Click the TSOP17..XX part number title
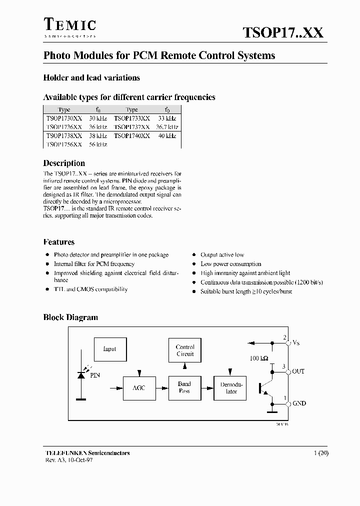click(283, 33)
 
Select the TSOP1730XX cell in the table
click(64, 118)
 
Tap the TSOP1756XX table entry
click(64, 144)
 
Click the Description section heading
click(64, 163)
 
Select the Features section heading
click(59, 242)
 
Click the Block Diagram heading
click(70, 317)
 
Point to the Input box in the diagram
click(109, 349)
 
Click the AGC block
click(139, 388)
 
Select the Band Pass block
click(184, 387)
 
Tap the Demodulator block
click(231, 388)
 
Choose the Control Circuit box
click(185, 350)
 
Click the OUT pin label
click(298, 371)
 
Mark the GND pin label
click(299, 403)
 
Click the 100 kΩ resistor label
click(259, 359)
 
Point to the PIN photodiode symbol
click(80, 375)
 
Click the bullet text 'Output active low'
click(222, 255)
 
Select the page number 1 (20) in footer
click(320, 453)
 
